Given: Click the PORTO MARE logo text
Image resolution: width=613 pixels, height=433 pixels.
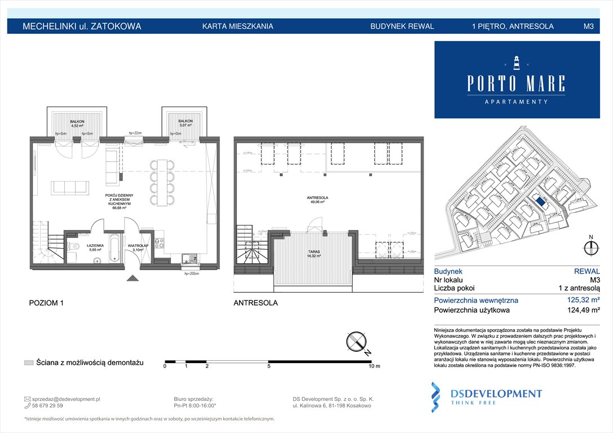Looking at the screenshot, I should point(516,83).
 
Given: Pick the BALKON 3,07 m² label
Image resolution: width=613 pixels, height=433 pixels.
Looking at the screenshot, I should point(186,123).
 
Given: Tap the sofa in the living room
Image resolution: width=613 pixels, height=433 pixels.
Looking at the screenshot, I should point(69,187).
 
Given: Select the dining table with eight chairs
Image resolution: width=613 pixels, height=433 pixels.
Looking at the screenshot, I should point(162,183).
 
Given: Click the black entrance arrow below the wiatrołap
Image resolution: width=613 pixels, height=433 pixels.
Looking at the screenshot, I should point(132,277).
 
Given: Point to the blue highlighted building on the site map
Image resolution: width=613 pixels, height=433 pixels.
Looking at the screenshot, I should point(540,201).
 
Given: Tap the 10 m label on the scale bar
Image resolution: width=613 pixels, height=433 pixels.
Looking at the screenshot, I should point(374,366).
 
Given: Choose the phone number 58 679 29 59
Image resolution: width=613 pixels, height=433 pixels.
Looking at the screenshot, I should point(48,405).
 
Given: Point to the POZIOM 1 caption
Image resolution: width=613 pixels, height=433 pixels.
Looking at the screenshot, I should point(46,303).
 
